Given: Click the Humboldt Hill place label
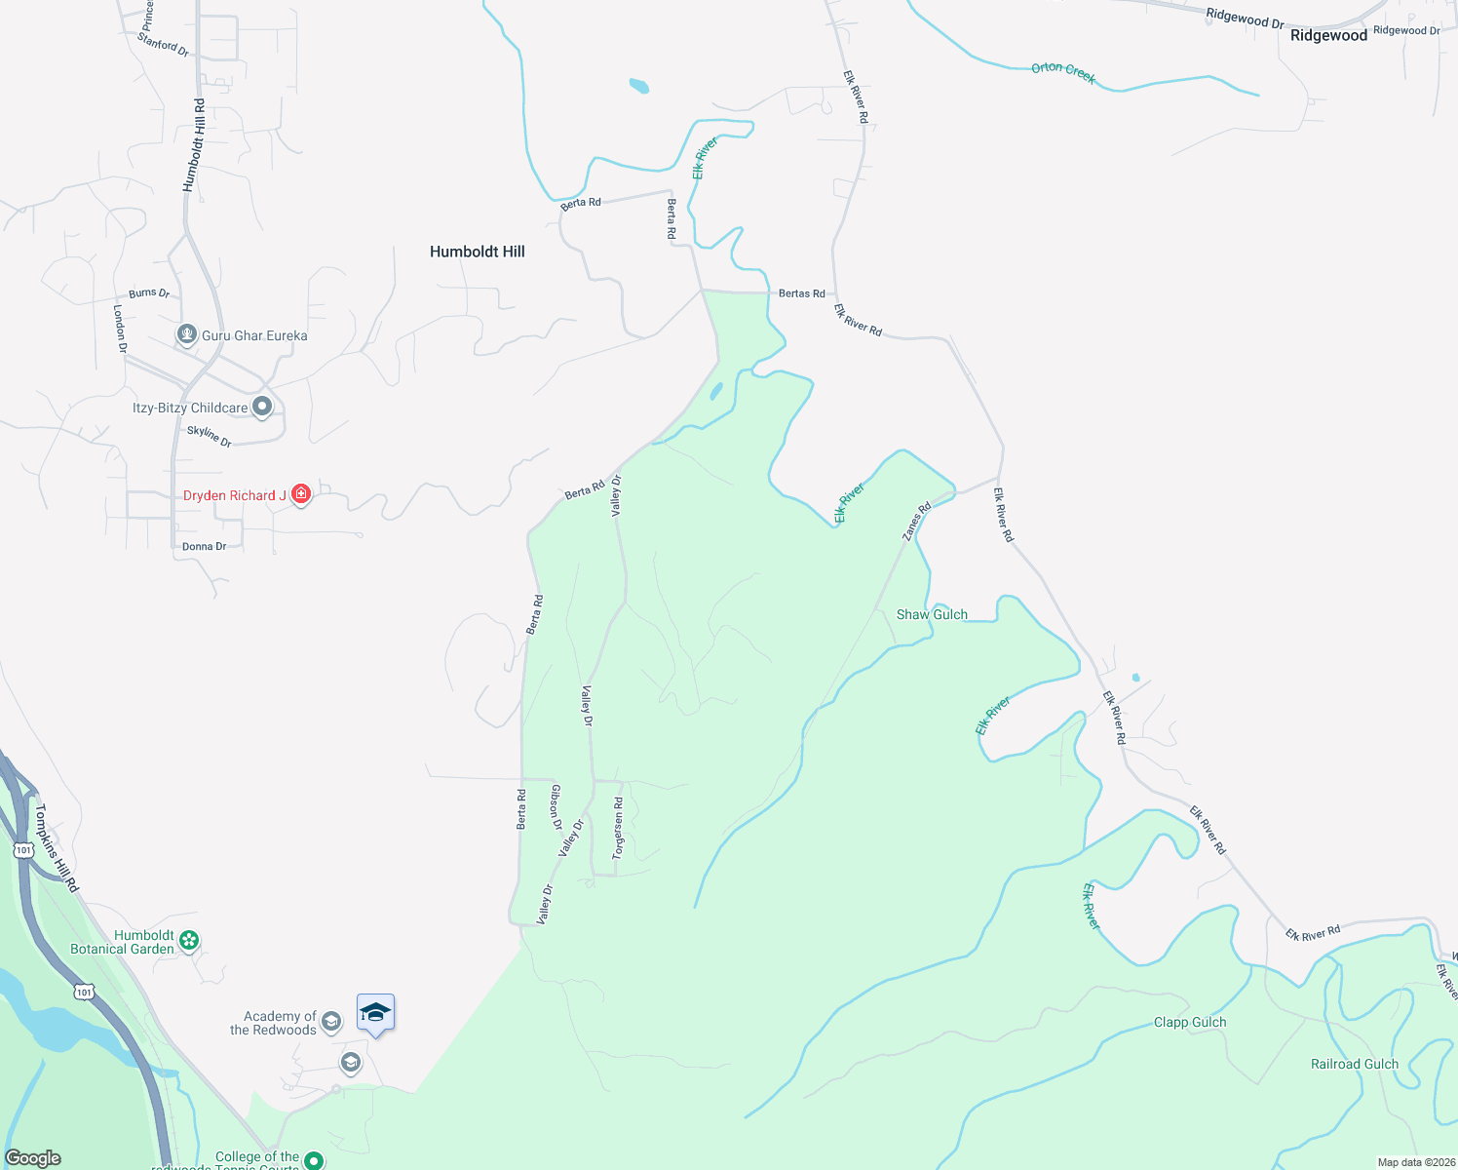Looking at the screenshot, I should (x=477, y=252).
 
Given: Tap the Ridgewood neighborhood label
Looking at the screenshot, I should (x=1328, y=36).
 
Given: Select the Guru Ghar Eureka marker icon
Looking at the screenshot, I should (x=187, y=334).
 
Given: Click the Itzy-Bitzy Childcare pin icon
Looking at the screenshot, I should (x=262, y=408).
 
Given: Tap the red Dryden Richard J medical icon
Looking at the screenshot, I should (x=301, y=495).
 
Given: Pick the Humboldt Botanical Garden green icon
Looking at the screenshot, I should (x=190, y=941).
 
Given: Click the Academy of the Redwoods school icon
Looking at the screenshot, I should (x=331, y=1022).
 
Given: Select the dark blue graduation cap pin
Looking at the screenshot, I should (x=375, y=1014).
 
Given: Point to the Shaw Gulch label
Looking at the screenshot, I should (x=932, y=614).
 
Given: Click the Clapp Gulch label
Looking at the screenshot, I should (x=1190, y=1022).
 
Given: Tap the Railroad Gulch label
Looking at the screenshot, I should (x=1354, y=1064).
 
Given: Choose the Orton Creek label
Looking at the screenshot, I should (x=1063, y=72).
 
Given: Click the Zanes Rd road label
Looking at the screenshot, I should (x=916, y=522).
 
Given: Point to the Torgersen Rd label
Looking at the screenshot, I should (x=618, y=828).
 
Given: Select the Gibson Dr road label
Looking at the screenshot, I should (x=556, y=806).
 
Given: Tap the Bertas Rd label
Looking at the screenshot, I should (x=801, y=293).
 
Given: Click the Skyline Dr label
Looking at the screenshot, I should (x=210, y=436).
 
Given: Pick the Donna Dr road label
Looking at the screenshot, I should (x=204, y=547).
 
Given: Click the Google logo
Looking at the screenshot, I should (x=33, y=1158).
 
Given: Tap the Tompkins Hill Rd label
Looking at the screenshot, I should (x=56, y=847).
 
